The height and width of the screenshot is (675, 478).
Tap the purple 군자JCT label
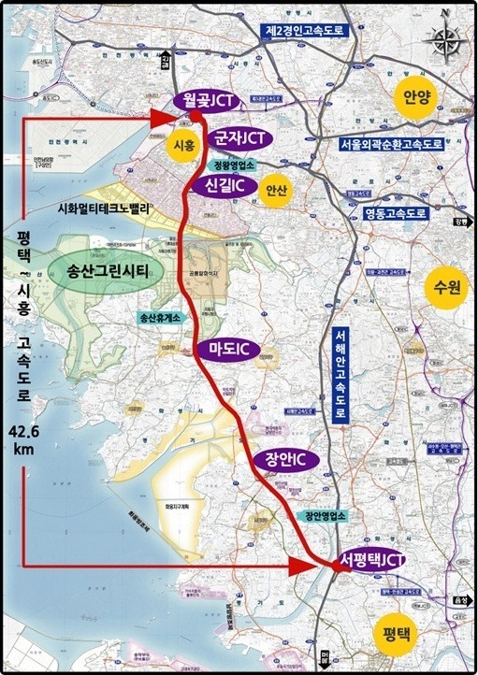pos(239,138)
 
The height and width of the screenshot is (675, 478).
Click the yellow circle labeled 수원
pos(442,287)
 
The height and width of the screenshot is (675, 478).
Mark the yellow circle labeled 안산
pos(277,189)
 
